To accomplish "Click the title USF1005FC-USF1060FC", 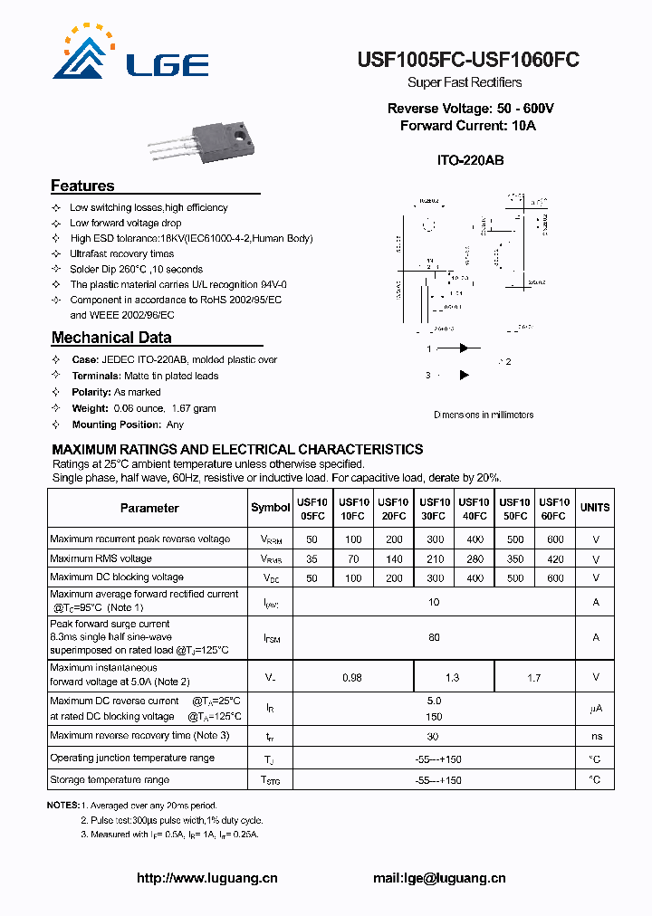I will tap(468, 60).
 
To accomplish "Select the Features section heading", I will tap(82, 186).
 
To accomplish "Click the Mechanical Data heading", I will tap(111, 338).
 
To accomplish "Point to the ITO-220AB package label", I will tap(470, 160).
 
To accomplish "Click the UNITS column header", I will tap(595, 508).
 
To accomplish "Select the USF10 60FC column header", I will tap(553, 509).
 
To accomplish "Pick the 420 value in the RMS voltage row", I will tap(554, 559).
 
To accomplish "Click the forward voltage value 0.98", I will tap(352, 677).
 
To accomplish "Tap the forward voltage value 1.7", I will tap(534, 677).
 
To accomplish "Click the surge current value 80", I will tap(434, 637).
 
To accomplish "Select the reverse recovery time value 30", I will tap(434, 737).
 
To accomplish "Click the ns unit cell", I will tap(595, 737).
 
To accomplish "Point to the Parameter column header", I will tap(149, 508).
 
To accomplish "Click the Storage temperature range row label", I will tap(110, 779).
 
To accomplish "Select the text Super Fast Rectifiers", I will tap(465, 82).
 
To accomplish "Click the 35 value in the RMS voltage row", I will tap(312, 559).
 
